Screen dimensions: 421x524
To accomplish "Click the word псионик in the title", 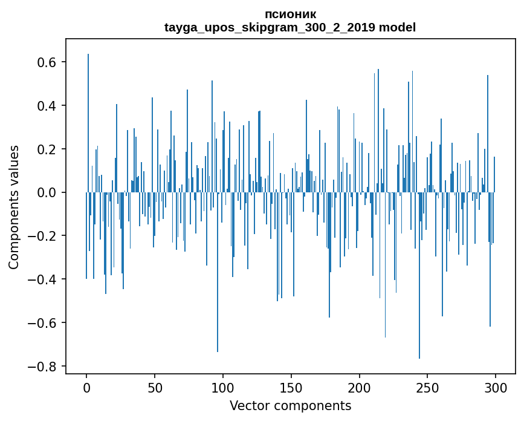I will (290, 14).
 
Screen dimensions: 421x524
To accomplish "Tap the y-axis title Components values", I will (14, 207).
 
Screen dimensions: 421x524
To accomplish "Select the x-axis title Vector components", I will (290, 405).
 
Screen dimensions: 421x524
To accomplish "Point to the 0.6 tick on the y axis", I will (48, 62).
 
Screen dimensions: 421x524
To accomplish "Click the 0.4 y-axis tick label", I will (48, 106).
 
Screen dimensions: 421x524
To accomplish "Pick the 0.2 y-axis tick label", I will (48, 149).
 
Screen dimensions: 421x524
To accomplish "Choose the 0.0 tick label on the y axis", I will (48, 192).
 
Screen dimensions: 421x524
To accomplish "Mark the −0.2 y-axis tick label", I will (44, 236).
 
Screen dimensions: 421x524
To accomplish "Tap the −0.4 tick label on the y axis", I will (44, 279).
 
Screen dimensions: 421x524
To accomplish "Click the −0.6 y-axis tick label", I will (44, 323).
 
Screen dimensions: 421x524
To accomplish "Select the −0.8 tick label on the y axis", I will (44, 367).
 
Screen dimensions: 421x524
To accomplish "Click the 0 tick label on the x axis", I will (86, 387).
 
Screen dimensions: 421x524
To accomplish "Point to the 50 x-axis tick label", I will (155, 387).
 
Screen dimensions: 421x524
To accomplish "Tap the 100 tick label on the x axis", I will (223, 387).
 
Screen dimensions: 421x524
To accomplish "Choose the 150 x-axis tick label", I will (291, 387).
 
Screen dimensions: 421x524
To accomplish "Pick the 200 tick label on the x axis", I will (360, 387).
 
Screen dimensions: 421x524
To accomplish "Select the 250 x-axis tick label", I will (428, 387).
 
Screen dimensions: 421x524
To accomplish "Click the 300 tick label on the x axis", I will (496, 387).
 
